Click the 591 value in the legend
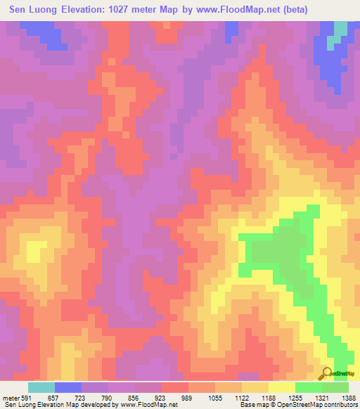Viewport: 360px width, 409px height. point(25,397)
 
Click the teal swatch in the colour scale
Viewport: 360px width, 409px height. point(41,387)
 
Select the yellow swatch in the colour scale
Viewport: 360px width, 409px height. point(282,387)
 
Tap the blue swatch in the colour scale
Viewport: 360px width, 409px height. point(68,387)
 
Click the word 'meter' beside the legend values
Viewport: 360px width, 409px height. point(8,397)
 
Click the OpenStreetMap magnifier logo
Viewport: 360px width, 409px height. point(328,372)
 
